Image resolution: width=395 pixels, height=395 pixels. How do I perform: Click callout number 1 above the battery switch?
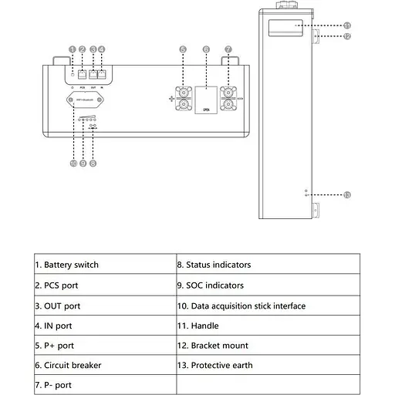(72, 49)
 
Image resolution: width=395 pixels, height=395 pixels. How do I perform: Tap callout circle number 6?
(206, 49)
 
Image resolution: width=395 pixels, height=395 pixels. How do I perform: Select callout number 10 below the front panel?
(73, 164)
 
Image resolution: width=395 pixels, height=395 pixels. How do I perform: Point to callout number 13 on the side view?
(346, 194)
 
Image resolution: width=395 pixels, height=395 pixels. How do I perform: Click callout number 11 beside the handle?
(346, 25)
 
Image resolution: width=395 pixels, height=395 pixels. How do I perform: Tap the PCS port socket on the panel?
(83, 76)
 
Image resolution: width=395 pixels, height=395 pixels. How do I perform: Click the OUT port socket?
(93, 76)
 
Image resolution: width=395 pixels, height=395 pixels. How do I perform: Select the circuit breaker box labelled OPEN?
(206, 100)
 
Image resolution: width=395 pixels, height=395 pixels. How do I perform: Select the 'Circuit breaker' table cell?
(73, 365)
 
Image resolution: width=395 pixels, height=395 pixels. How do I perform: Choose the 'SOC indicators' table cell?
(215, 285)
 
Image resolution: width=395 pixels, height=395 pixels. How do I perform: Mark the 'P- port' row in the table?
(58, 384)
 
